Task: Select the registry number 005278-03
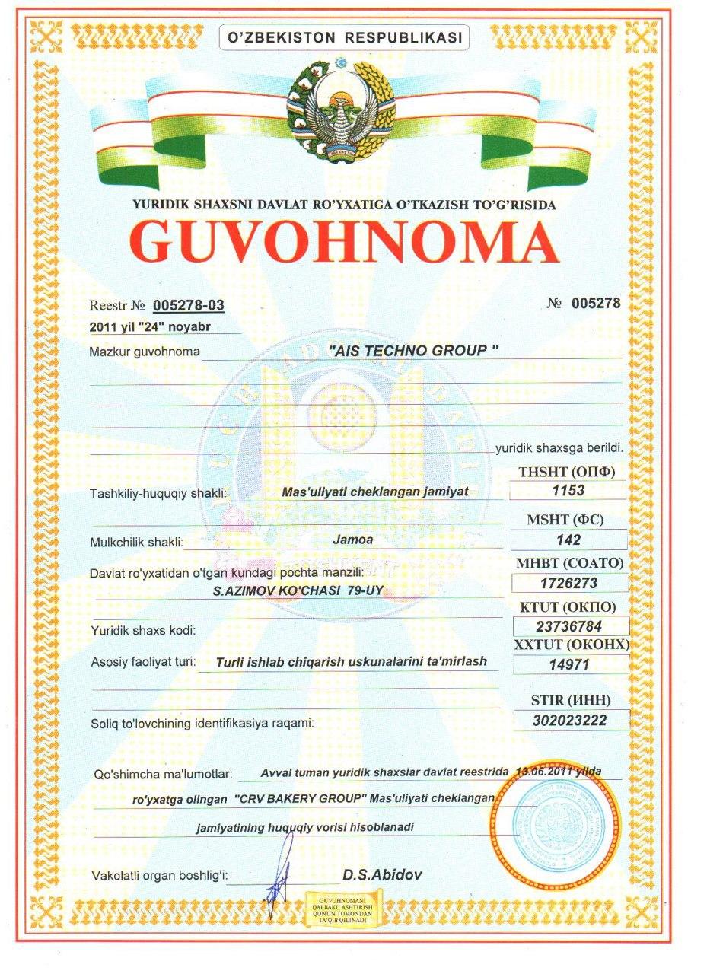pos(189,305)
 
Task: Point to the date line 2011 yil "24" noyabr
pos(149,327)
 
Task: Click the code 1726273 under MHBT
pos(568,584)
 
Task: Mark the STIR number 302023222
pos(571,719)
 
